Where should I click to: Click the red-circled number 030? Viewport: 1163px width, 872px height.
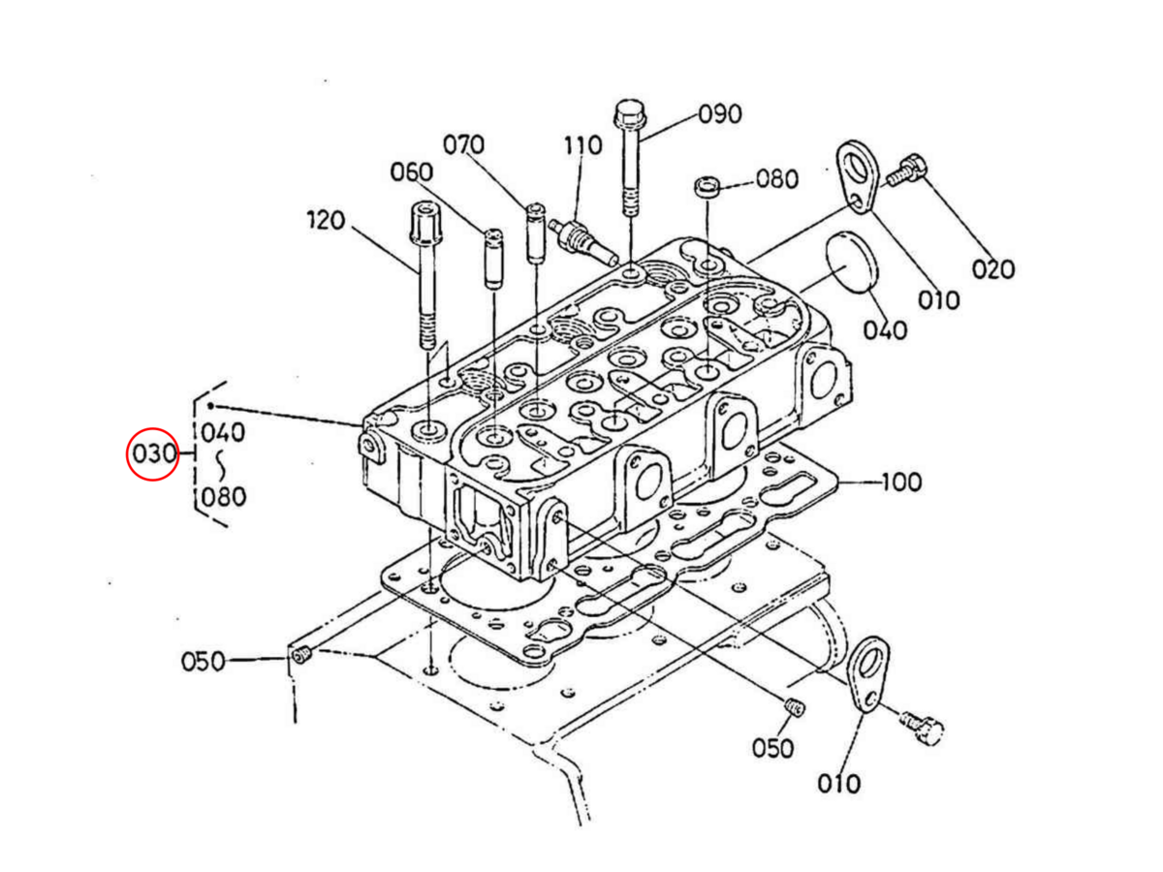click(152, 453)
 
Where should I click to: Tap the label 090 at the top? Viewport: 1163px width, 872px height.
click(720, 114)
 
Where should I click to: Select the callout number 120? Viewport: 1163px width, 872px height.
click(326, 221)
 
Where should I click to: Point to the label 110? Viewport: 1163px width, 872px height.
click(582, 146)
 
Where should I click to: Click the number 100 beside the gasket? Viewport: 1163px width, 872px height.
click(901, 482)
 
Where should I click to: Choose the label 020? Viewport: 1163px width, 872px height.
click(992, 268)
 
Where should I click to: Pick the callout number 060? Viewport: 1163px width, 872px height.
click(412, 172)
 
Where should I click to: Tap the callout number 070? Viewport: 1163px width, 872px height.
click(463, 145)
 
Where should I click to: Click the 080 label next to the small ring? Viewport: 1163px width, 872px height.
click(777, 179)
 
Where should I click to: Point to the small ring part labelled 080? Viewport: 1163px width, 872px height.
click(707, 185)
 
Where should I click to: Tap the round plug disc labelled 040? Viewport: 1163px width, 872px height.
click(850, 261)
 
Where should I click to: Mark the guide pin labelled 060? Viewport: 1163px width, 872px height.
click(493, 257)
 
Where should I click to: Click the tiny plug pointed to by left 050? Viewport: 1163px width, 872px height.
click(299, 657)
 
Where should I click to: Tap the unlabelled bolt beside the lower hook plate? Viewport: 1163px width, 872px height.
click(923, 725)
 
